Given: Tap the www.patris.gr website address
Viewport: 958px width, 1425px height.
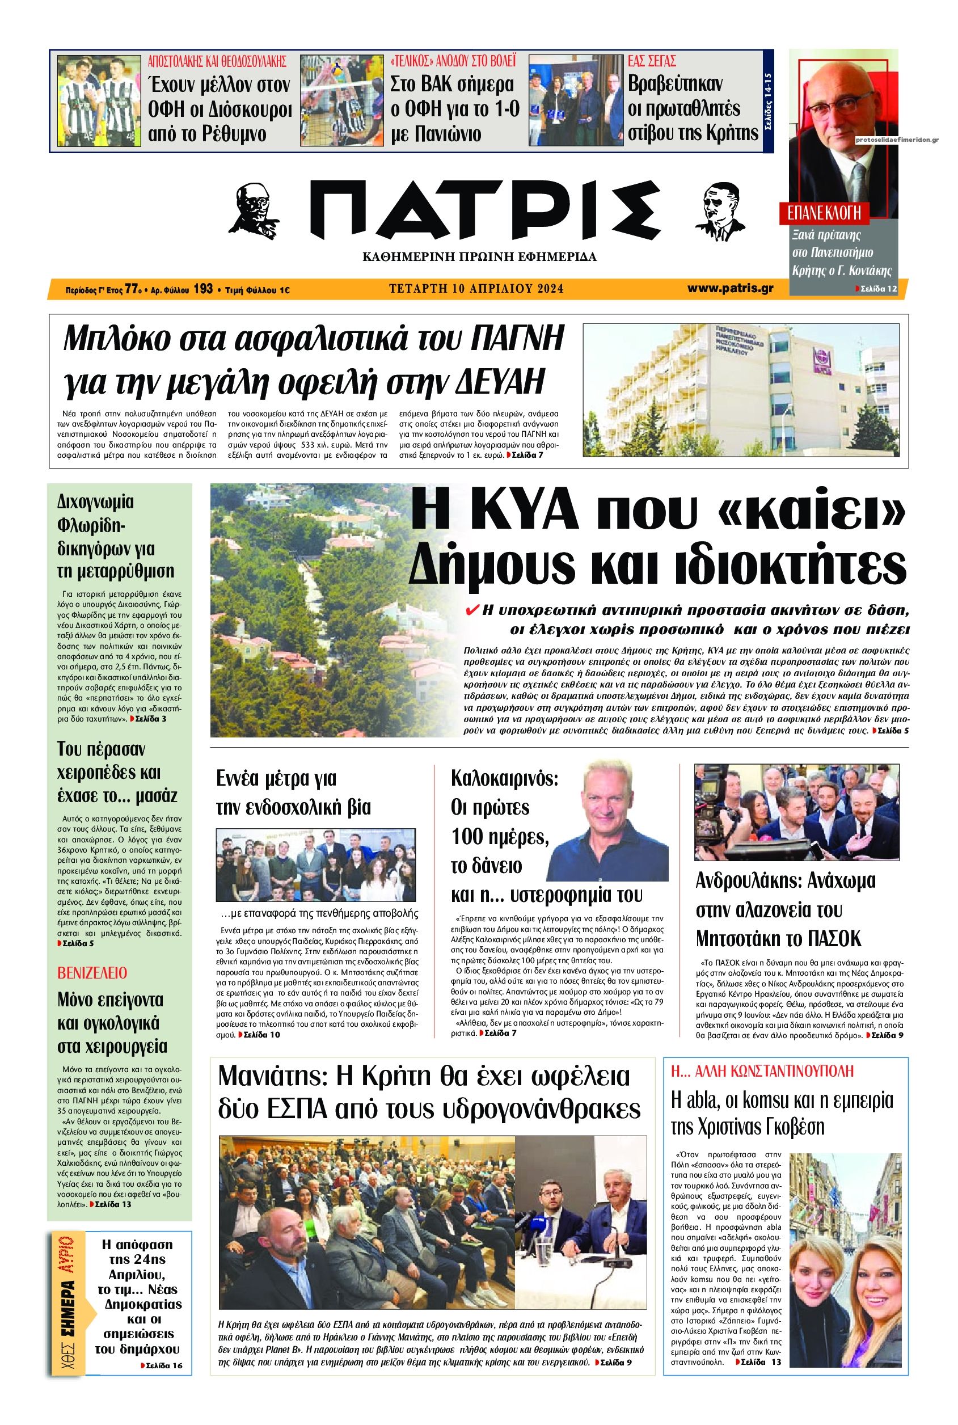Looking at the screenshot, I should pyautogui.click(x=730, y=288).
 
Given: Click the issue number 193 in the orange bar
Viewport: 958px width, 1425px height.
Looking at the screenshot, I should pyautogui.click(x=203, y=289).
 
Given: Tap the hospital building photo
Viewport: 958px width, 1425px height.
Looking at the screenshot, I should pyautogui.click(x=741, y=389).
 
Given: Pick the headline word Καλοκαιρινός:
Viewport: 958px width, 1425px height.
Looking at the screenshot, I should pyautogui.click(x=505, y=778).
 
